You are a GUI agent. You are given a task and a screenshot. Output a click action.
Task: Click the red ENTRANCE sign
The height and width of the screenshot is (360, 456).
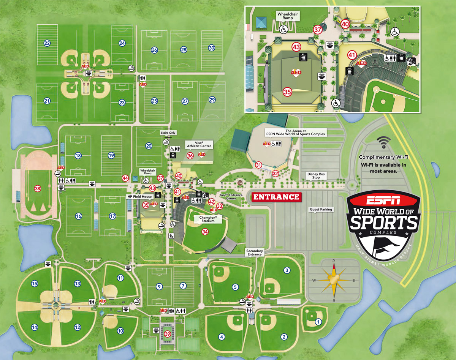(276, 197)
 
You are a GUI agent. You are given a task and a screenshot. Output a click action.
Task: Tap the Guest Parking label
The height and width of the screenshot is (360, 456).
(321, 209)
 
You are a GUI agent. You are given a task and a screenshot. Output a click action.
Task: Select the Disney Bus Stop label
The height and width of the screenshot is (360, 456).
(316, 176)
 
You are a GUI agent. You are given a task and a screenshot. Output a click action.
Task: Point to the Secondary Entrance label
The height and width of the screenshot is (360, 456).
(255, 252)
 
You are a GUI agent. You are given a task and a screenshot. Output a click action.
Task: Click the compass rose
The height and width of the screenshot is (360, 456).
(333, 280)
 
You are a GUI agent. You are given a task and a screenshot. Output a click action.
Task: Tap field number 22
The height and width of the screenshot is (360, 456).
(47, 43)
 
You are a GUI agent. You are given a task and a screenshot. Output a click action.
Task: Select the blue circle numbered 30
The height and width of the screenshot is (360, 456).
(212, 48)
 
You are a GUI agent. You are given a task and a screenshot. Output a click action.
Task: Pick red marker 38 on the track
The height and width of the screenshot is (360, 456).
(37, 188)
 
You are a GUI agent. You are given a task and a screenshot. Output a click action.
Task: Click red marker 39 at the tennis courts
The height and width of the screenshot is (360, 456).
(168, 334)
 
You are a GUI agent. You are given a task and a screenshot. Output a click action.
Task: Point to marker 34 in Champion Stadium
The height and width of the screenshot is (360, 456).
(205, 231)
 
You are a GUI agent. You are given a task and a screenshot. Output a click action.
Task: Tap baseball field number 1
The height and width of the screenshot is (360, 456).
(318, 322)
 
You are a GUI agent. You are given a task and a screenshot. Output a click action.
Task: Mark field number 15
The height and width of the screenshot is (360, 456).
(34, 283)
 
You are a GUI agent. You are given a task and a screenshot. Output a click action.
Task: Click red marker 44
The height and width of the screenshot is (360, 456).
(125, 178)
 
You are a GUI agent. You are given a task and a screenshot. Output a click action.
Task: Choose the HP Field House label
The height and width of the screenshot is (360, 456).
(139, 197)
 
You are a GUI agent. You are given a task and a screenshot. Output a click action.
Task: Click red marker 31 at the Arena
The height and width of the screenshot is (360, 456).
(258, 165)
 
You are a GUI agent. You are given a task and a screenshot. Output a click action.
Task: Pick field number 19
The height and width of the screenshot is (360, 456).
(111, 155)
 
